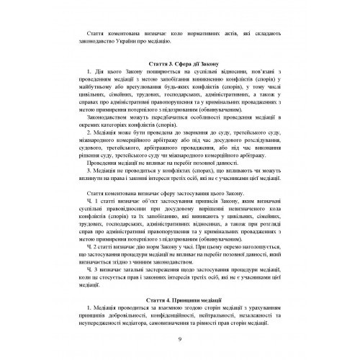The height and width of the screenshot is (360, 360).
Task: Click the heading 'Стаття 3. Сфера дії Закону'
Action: tap(180, 63)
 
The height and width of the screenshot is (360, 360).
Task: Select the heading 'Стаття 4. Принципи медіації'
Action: tap(180, 277)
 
